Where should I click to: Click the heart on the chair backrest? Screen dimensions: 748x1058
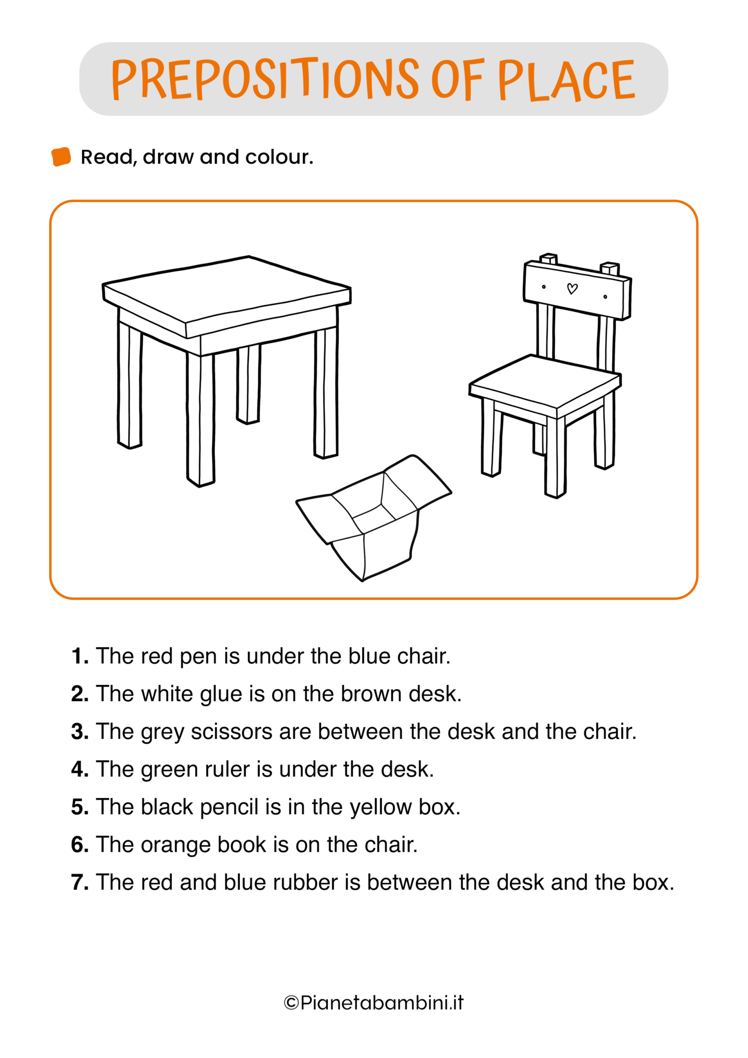pyautogui.click(x=572, y=289)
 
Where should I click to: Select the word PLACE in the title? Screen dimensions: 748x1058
pyautogui.click(x=566, y=80)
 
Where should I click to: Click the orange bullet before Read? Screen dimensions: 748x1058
pyautogui.click(x=61, y=157)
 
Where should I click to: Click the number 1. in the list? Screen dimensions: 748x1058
pyautogui.click(x=80, y=656)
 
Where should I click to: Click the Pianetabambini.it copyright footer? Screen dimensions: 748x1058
pyautogui.click(x=373, y=1003)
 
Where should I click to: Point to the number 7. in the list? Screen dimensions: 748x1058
pyautogui.click(x=80, y=882)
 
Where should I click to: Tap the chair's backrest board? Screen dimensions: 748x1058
pyautogui.click(x=577, y=289)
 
